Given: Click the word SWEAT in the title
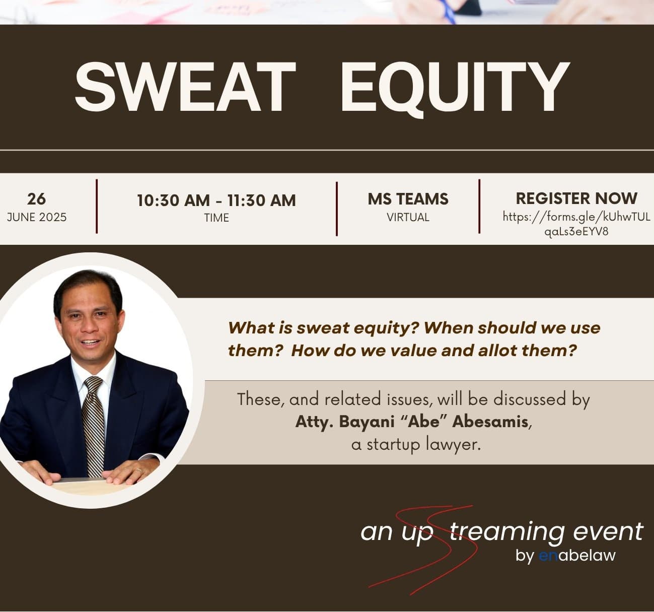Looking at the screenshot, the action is pyautogui.click(x=185, y=87).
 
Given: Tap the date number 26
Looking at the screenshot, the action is pyautogui.click(x=37, y=199).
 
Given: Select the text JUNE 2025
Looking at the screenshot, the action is pyautogui.click(x=37, y=217).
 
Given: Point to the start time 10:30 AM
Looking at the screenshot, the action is pyautogui.click(x=173, y=200).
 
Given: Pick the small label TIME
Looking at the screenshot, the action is pyautogui.click(x=216, y=218).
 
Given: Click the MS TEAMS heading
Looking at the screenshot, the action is pyautogui.click(x=408, y=199).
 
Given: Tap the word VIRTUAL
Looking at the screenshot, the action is pyautogui.click(x=408, y=217).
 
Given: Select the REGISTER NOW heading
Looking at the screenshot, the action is pyautogui.click(x=576, y=198).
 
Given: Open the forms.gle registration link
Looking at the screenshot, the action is pyautogui.click(x=576, y=224).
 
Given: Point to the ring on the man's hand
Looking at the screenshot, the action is pyautogui.click(x=139, y=470).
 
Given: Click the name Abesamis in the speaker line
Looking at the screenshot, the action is pyautogui.click(x=490, y=422).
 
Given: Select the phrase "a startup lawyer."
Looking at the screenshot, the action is pyautogui.click(x=416, y=445).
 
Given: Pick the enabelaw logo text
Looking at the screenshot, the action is pyautogui.click(x=577, y=555).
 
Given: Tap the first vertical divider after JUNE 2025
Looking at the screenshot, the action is pyautogui.click(x=97, y=207).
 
